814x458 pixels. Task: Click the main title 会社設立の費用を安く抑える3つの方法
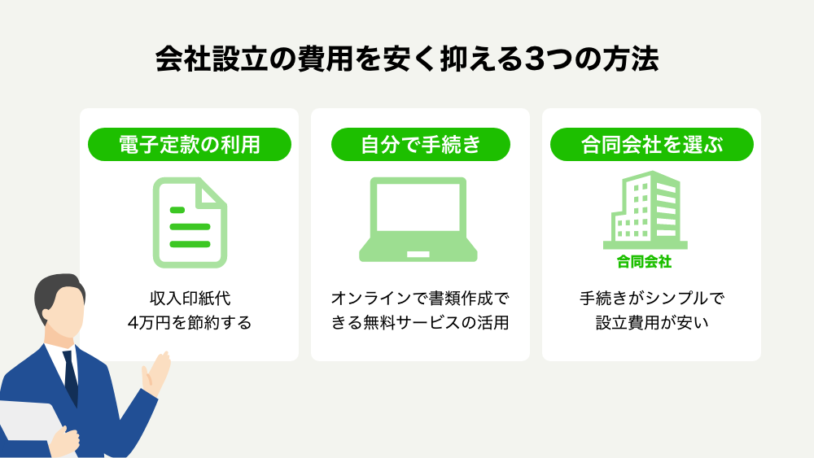(x=407, y=59)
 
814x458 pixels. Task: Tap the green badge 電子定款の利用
(x=190, y=144)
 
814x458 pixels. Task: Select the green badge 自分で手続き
(x=421, y=144)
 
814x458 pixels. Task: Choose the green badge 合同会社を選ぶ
(x=651, y=144)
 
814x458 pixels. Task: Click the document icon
(x=190, y=223)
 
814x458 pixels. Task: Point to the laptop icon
(x=418, y=220)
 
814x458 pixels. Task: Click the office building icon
(x=646, y=210)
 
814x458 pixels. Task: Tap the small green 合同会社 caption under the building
(x=644, y=261)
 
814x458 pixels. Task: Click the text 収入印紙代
(x=190, y=299)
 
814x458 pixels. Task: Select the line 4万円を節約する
(x=190, y=323)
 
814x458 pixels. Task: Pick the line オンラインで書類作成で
(x=421, y=299)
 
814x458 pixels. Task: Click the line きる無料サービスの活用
(x=421, y=323)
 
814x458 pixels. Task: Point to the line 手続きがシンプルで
(x=651, y=299)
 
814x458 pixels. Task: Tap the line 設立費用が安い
(x=651, y=323)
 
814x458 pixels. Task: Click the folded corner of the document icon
(x=212, y=194)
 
